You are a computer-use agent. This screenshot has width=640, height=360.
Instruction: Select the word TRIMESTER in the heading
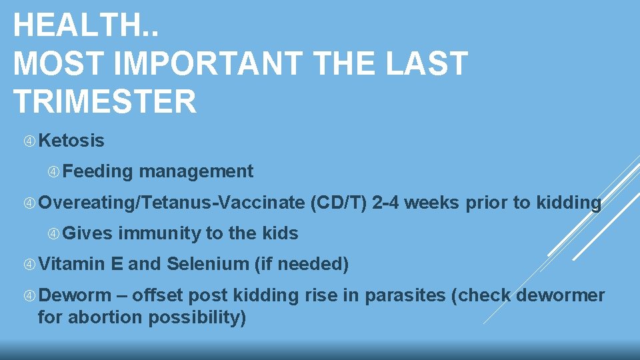pyautogui.click(x=105, y=101)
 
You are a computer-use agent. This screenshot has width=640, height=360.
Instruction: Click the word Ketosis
pyautogui.click(x=71, y=141)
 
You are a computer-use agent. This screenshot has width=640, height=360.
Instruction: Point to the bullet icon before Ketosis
pyautogui.click(x=29, y=141)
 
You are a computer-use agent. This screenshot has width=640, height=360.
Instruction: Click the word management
pyautogui.click(x=196, y=171)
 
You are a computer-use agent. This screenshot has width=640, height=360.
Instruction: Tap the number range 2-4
pyautogui.click(x=386, y=203)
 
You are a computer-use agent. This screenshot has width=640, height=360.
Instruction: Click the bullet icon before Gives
pyautogui.click(x=55, y=233)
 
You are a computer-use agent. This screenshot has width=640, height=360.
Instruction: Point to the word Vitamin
pyautogui.click(x=71, y=264)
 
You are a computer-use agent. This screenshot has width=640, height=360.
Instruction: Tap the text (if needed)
pyautogui.click(x=302, y=264)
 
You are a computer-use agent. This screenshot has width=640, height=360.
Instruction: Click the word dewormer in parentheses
pyautogui.click(x=561, y=295)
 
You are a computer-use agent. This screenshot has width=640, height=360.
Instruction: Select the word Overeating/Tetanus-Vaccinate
pyautogui.click(x=171, y=203)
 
